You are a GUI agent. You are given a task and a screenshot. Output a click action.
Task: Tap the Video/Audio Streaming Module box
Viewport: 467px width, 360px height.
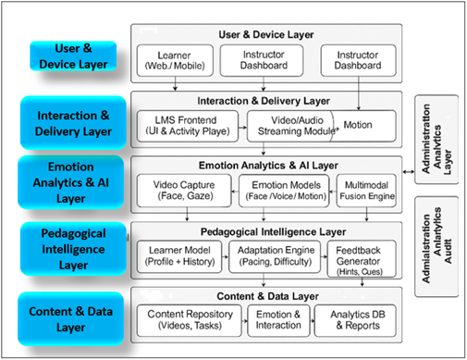(x=290, y=125)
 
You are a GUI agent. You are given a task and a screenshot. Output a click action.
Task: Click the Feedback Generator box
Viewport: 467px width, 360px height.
(x=363, y=256)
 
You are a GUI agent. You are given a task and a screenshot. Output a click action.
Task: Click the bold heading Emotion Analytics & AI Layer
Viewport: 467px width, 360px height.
(x=266, y=164)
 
